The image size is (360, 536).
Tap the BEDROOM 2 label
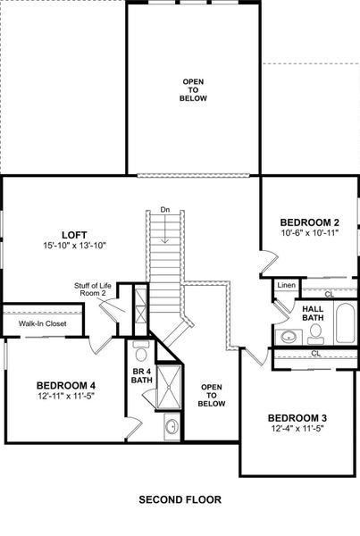(309, 222)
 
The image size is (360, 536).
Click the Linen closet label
(286, 286)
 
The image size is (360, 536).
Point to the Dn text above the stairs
(164, 209)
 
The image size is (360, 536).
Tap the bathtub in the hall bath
(344, 323)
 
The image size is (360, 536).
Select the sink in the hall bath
(288, 337)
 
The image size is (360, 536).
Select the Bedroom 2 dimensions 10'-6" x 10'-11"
(309, 234)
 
